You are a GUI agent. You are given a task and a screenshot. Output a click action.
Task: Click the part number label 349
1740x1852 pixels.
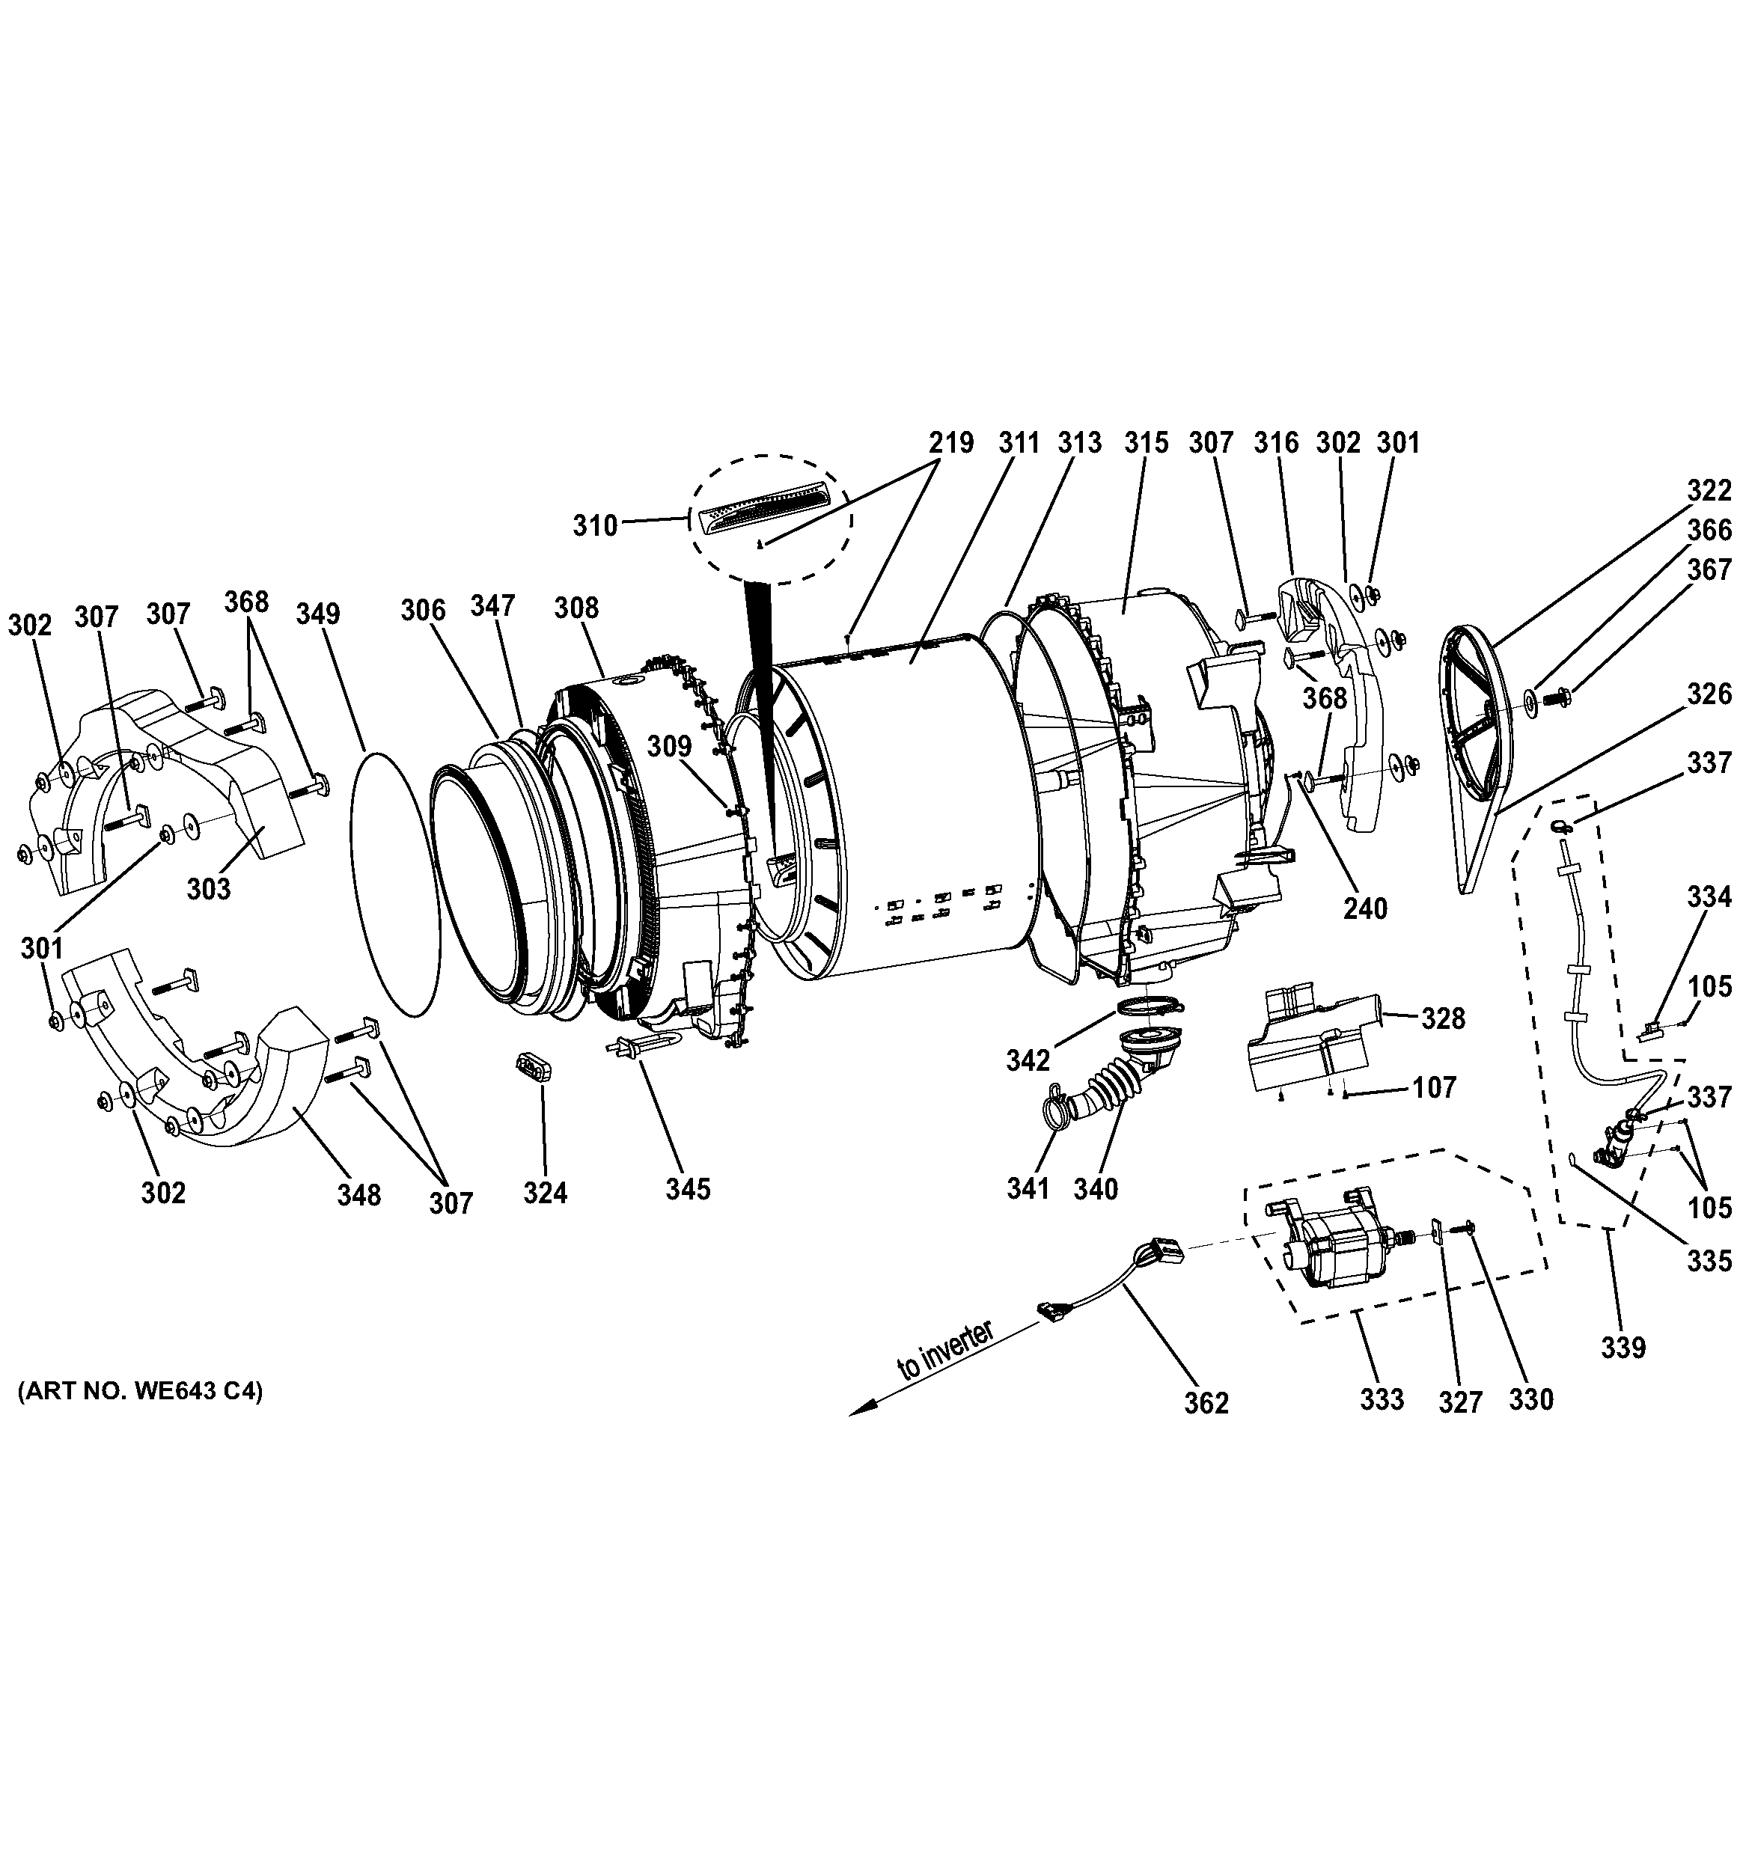pyautogui.click(x=317, y=614)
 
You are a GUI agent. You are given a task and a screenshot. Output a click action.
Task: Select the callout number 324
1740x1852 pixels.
pyautogui.click(x=545, y=1193)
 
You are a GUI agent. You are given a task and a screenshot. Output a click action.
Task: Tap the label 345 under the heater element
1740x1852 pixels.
pyautogui.click(x=688, y=1189)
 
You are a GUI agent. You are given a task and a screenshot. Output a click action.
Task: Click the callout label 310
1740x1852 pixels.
pyautogui.click(x=595, y=526)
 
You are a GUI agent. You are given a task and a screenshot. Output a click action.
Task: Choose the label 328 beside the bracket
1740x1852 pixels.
pyautogui.click(x=1443, y=1019)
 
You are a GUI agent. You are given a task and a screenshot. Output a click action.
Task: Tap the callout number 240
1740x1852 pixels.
pyautogui.click(x=1364, y=908)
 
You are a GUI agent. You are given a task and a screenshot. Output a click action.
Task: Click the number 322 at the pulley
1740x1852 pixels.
pyautogui.click(x=1709, y=489)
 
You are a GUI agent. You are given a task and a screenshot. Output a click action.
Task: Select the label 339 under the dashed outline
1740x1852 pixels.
pyautogui.click(x=1623, y=1347)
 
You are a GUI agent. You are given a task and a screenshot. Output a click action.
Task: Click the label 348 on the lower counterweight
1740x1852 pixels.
pyautogui.click(x=359, y=1194)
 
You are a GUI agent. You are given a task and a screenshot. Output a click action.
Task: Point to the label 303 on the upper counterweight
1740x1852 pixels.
pyautogui.click(x=209, y=889)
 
